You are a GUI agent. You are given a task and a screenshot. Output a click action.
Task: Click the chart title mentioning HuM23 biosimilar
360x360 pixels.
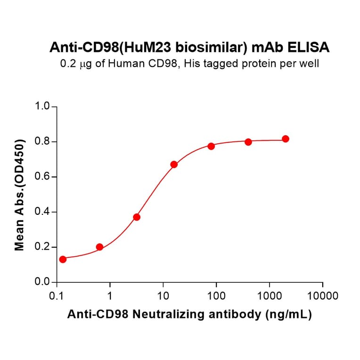click(189, 48)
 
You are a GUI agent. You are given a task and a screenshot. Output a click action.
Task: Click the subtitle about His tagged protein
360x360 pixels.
click(189, 63)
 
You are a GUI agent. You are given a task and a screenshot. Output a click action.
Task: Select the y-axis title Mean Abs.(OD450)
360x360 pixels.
click(20, 195)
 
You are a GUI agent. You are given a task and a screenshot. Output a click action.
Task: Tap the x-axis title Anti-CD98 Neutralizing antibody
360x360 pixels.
click(189, 315)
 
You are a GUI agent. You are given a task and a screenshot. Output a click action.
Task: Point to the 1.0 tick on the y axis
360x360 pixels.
click(43, 106)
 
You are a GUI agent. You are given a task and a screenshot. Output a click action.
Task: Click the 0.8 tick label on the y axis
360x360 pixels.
click(43, 142)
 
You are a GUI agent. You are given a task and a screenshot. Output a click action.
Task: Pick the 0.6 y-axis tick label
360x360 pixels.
click(43, 177)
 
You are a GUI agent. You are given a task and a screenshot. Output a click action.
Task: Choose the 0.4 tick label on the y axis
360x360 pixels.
click(43, 212)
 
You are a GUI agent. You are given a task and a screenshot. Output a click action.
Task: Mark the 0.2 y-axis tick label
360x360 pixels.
click(43, 247)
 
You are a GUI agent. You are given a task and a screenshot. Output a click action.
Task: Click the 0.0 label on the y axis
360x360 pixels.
click(43, 282)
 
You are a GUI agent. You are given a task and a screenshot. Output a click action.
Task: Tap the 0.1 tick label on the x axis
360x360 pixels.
click(57, 296)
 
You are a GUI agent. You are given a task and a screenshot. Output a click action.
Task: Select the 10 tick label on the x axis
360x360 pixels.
click(163, 296)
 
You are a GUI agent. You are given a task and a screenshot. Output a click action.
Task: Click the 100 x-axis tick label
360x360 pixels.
click(216, 296)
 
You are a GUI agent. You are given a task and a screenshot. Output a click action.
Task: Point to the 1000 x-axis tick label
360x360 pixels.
click(270, 296)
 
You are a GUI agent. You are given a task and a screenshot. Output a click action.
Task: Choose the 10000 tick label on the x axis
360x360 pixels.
click(322, 296)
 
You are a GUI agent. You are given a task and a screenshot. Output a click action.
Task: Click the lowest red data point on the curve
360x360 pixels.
click(63, 259)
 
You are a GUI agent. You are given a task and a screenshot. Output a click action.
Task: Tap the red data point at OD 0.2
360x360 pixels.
click(99, 247)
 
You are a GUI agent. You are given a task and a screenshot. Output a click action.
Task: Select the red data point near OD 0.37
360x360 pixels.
click(137, 217)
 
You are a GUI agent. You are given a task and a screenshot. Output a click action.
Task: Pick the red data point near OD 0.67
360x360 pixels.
click(174, 164)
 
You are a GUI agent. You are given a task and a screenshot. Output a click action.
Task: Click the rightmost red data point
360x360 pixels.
click(286, 139)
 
